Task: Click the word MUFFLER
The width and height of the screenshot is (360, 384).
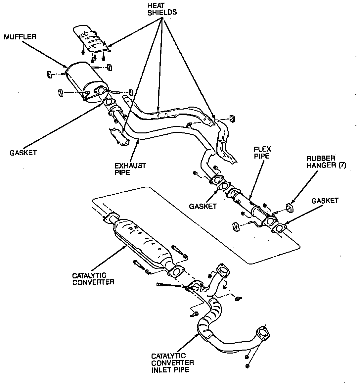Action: [x=20, y=36]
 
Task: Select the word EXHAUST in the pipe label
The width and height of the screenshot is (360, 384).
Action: [x=130, y=165]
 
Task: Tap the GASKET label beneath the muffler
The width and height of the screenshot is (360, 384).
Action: [x=23, y=153]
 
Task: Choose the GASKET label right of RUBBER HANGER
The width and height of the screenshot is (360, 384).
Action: [x=325, y=201]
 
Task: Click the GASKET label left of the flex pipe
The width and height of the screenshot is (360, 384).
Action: [x=202, y=206]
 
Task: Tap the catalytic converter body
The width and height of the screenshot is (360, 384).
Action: [x=142, y=242]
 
